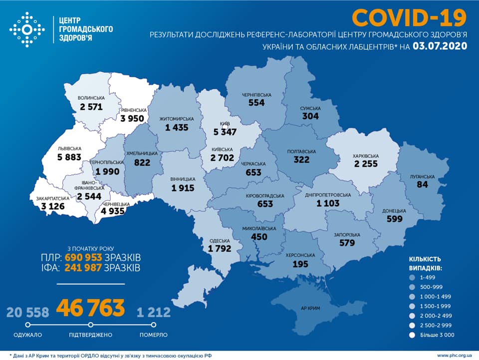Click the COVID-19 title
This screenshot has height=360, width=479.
tap(409, 17)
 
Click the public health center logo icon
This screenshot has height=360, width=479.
tap(27, 30)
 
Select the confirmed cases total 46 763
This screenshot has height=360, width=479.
tap(90, 308)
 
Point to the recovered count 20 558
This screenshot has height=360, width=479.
tap(28, 313)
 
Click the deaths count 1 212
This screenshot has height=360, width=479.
tap(154, 313)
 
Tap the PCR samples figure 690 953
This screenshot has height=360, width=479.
tap(83, 258)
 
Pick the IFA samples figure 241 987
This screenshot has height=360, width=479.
tap(83, 268)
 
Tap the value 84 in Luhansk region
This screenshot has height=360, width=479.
tap(424, 185)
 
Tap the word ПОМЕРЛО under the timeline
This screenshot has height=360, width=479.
tap(154, 335)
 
